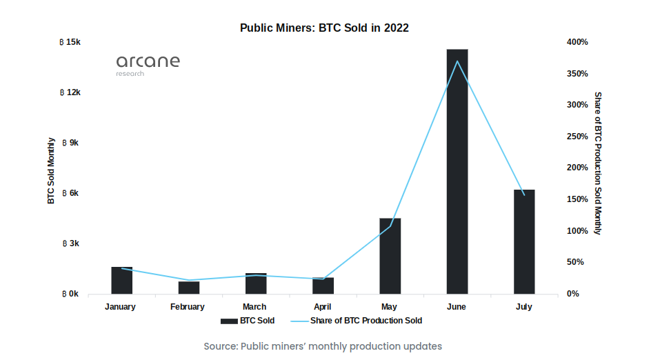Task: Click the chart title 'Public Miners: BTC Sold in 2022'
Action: pos(324,28)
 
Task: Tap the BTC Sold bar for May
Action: pos(390,256)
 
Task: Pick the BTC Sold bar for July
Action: pos(523,241)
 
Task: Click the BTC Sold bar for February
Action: pos(188,288)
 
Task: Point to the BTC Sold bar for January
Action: pos(121,280)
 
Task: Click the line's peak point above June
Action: pos(457,61)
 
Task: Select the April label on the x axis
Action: pos(323,307)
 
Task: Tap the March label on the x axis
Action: pos(254,307)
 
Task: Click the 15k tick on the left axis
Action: pos(71,42)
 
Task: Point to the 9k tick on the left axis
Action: pos(71,143)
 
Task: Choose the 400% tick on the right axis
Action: pos(577,42)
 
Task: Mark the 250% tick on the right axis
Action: pos(577,137)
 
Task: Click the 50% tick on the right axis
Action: pos(576,262)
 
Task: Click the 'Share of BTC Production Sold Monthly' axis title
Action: pos(598,163)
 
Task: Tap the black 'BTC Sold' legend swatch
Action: pos(229,321)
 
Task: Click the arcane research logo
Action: pos(148,63)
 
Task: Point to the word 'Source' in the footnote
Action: pos(219,346)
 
